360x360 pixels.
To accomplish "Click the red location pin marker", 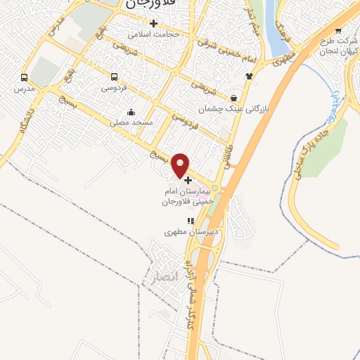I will pos(181,165).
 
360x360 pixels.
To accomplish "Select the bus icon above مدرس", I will pos(25,78).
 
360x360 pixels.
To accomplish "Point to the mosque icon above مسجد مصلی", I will pos(131,112).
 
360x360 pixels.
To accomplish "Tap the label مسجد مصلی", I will pos(130,122).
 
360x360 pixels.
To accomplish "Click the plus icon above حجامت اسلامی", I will pos(153,23).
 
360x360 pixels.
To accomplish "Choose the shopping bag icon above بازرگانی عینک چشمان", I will pos(233,98).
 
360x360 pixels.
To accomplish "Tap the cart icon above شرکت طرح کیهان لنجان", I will pos(338,30).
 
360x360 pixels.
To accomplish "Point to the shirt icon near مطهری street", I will pos(248,75).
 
